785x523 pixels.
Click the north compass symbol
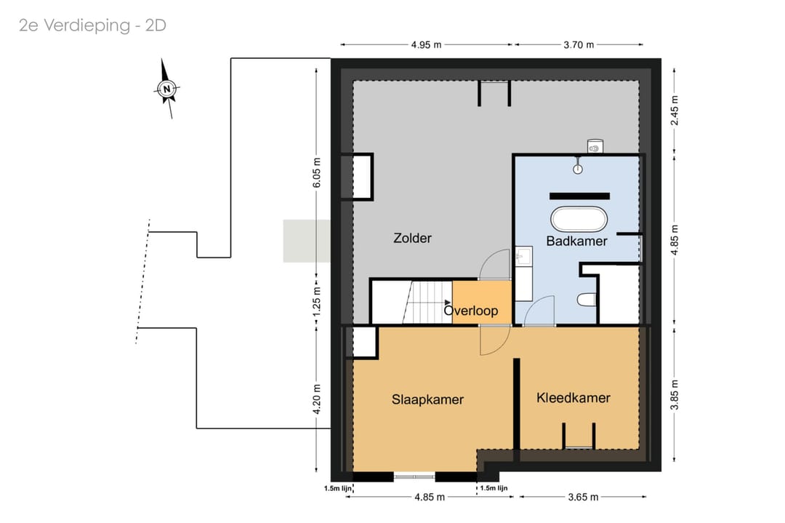pyautogui.click(x=166, y=89)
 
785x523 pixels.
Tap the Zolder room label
pyautogui.click(x=413, y=238)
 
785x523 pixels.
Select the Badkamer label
pyautogui.click(x=576, y=241)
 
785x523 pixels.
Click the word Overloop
pyautogui.click(x=471, y=311)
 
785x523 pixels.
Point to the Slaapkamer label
pyautogui.click(x=427, y=400)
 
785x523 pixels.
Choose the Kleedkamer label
pyautogui.click(x=573, y=398)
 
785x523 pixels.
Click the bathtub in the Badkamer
pyautogui.click(x=579, y=220)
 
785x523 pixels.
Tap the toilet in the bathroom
pyautogui.click(x=587, y=300)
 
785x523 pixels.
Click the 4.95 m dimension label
pyautogui.click(x=427, y=44)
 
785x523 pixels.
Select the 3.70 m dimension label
pyautogui.click(x=579, y=44)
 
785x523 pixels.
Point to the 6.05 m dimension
pyautogui.click(x=316, y=173)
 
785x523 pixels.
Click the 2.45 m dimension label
pyautogui.click(x=675, y=111)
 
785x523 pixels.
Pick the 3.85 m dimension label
pyautogui.click(x=675, y=395)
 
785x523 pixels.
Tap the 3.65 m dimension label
pyautogui.click(x=583, y=497)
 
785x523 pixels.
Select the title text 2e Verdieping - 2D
pyautogui.click(x=92, y=25)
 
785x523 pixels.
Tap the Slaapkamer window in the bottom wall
pyautogui.click(x=414, y=476)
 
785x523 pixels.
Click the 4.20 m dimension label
pyautogui.click(x=316, y=399)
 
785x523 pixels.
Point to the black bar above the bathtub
pyautogui.click(x=579, y=196)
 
